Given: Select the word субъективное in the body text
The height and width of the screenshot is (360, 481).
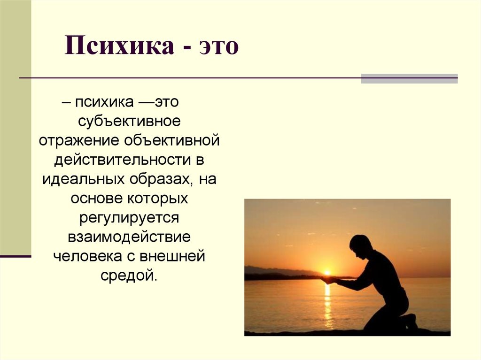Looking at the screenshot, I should coord(129,122).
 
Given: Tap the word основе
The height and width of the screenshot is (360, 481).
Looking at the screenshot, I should coord(96,199).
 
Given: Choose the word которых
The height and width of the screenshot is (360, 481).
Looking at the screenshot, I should coord(158,199).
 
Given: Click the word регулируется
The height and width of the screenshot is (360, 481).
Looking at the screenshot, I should coord(129,218).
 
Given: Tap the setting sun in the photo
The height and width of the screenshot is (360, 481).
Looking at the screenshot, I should coord(327,272).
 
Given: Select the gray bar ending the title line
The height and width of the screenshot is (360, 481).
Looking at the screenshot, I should coord(409,78).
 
